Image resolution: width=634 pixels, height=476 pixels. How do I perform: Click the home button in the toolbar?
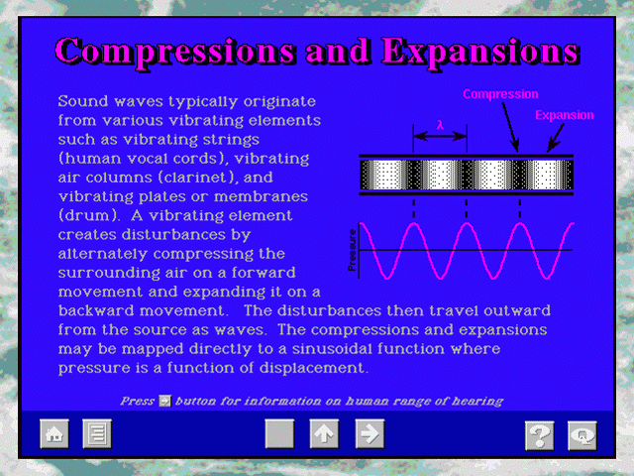(54, 434)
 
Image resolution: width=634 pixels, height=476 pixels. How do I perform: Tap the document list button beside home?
(97, 434)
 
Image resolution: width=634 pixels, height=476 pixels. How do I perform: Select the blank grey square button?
(279, 434)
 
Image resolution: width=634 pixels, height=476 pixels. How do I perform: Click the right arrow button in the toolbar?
(370, 434)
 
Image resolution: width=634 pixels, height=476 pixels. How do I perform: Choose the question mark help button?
(539, 435)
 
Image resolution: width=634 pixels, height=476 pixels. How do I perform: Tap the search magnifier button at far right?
(582, 435)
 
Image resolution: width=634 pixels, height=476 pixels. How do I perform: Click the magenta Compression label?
(500, 94)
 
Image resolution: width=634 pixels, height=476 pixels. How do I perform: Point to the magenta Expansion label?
(565, 115)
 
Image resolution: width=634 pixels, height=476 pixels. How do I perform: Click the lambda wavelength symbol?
(440, 125)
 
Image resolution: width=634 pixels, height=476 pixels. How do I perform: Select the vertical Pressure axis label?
(353, 250)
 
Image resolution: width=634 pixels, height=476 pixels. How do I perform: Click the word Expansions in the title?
(480, 52)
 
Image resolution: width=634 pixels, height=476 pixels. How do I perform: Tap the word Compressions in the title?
(174, 53)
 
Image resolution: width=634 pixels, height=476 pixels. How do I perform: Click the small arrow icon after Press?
(164, 401)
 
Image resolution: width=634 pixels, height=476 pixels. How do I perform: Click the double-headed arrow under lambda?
(440, 136)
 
